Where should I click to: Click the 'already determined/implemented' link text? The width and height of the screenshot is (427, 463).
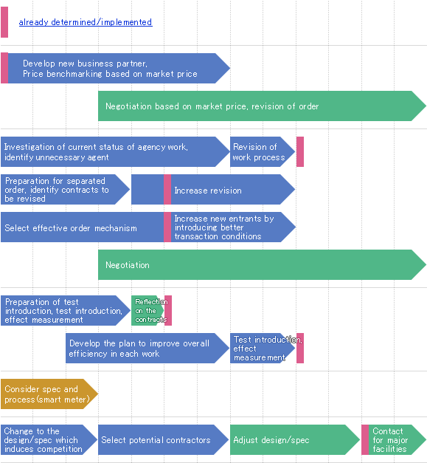[86, 22]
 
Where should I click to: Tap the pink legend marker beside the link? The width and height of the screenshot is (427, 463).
[4, 22]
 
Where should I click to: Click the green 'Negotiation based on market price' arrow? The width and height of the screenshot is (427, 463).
[262, 106]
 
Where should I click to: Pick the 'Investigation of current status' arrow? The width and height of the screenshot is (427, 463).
[115, 152]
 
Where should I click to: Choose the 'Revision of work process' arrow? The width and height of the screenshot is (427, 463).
[263, 152]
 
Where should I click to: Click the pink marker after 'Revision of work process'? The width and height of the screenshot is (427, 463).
[300, 152]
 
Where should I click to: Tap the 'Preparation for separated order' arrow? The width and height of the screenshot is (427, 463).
[65, 189]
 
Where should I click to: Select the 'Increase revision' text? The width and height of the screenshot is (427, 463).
[208, 191]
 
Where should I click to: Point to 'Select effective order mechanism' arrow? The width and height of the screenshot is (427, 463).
[83, 227]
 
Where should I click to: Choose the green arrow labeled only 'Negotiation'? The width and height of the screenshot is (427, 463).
[262, 265]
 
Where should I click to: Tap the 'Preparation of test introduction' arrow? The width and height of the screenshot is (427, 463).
[66, 311]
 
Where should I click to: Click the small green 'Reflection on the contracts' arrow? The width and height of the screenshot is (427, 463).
[147, 311]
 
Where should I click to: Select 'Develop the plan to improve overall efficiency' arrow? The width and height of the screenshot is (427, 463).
[147, 348]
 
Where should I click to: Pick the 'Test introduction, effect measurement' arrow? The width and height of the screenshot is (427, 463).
[263, 348]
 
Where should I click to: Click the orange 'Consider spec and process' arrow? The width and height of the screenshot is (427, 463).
[49, 394]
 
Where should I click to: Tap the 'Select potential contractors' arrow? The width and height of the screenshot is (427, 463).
[164, 439]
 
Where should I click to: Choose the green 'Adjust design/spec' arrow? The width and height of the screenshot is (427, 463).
[295, 439]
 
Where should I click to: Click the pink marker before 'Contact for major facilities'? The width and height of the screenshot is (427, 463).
[365, 439]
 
